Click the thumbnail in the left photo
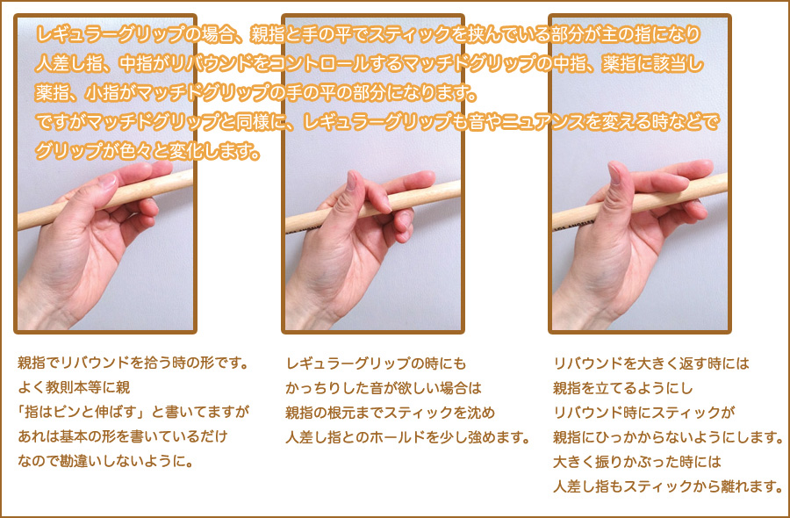pyautogui.click(x=107, y=180)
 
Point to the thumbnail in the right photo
pyautogui.click(x=614, y=173)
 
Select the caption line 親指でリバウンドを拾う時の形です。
pyautogui.click(x=133, y=363)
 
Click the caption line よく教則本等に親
pyautogui.click(x=74, y=387)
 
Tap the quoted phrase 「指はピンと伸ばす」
pyautogui.click(x=83, y=412)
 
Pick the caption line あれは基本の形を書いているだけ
pyautogui.click(x=123, y=435)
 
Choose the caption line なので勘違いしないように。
pyautogui.click(x=106, y=461)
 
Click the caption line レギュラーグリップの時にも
pyautogui.click(x=376, y=363)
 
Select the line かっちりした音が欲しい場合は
pyautogui.click(x=384, y=387)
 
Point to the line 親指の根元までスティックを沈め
pyautogui.click(x=391, y=412)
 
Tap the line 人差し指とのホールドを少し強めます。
pyautogui.click(x=407, y=437)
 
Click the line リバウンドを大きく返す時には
pyautogui.click(x=651, y=363)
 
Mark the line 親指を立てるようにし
pyautogui.click(x=623, y=388)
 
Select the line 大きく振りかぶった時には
pyautogui.click(x=637, y=462)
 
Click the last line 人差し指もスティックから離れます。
pyautogui.click(x=668, y=486)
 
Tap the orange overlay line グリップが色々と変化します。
pyautogui.click(x=147, y=150)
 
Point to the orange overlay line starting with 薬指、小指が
pyautogui.click(x=256, y=93)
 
